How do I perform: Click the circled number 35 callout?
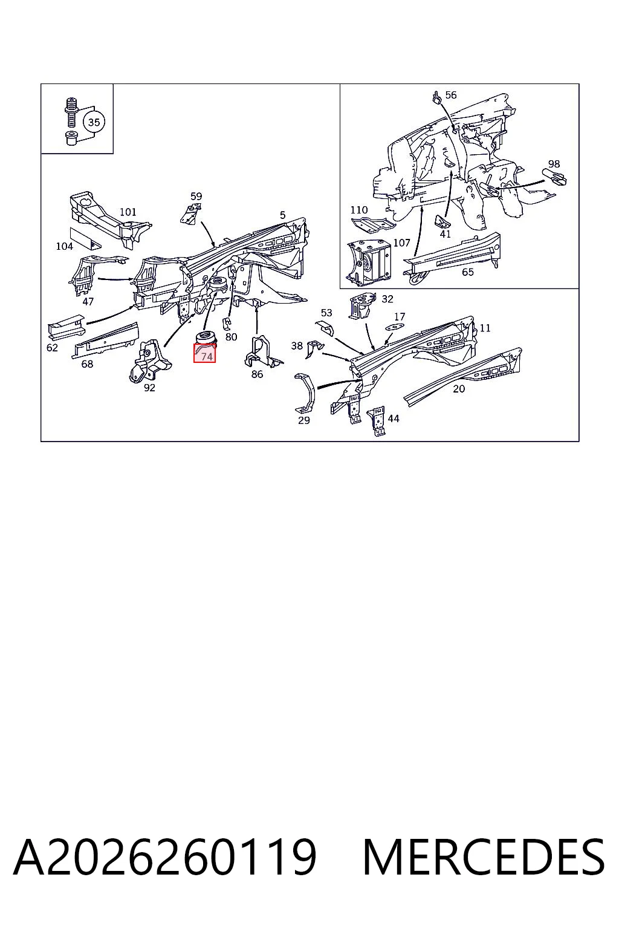click(94, 122)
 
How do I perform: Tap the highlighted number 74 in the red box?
click(207, 357)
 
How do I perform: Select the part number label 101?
click(128, 212)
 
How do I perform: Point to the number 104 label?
click(64, 246)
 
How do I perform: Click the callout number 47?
click(88, 302)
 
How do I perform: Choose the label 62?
click(52, 348)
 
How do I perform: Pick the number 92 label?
click(149, 387)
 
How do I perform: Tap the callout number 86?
click(257, 374)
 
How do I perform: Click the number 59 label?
click(196, 196)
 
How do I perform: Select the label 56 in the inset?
click(451, 95)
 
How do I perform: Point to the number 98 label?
click(554, 164)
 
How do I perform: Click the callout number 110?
click(359, 210)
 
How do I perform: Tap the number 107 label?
click(401, 243)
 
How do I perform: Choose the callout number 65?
click(468, 272)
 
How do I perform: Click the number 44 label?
click(394, 419)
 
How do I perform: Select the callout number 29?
click(304, 420)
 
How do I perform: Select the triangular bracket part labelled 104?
click(85, 240)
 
